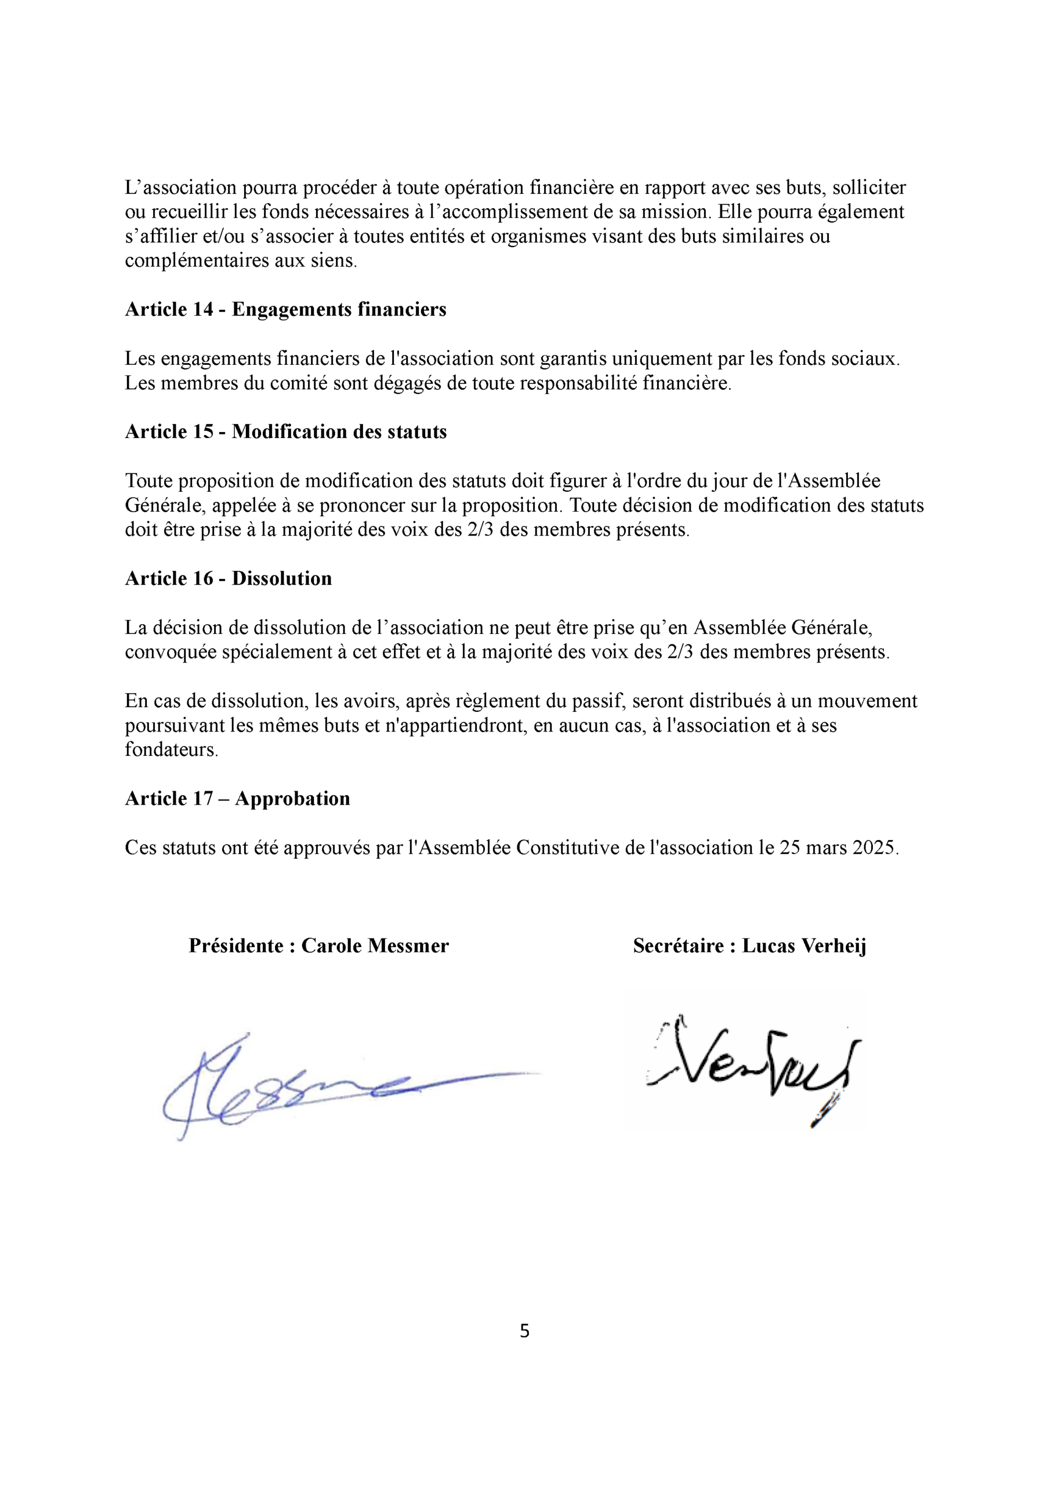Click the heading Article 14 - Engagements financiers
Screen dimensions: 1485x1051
coord(285,309)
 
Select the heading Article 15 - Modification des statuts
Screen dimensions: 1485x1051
coord(285,432)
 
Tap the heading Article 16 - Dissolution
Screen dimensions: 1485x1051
coord(228,578)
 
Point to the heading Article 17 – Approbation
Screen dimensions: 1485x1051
coord(237,798)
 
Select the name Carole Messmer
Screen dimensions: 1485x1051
coord(375,946)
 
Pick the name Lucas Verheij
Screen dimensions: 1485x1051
coord(804,946)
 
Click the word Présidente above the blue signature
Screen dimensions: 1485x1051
coord(235,946)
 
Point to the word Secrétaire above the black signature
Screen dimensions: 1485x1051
coord(678,946)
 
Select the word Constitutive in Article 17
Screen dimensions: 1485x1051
coord(568,848)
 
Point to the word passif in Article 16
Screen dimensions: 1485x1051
coord(596,701)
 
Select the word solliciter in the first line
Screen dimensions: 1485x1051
coord(868,187)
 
